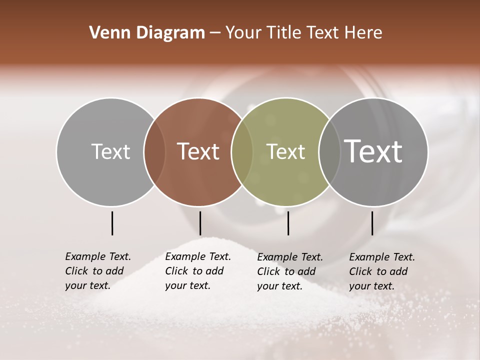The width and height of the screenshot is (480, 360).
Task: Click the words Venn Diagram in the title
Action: pos(147,33)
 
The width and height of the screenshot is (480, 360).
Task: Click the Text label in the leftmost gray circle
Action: pos(110,151)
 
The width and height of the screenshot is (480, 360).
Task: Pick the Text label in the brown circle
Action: pos(198,151)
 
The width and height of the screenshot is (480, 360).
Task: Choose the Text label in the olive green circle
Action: pos(285,151)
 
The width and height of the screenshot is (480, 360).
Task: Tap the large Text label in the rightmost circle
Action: pos(373,151)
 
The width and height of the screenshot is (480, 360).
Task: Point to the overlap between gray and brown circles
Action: pos(154,152)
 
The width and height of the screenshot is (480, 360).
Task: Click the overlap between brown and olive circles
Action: pos(242,152)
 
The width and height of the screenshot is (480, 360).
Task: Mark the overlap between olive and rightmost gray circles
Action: pos(329,152)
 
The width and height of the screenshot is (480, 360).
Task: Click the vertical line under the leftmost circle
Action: pos(112,223)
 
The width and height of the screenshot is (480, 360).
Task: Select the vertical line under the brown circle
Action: pos(200,223)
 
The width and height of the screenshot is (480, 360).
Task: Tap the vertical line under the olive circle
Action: pos(288,223)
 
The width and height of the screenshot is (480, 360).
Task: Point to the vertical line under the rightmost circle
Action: pos(372,223)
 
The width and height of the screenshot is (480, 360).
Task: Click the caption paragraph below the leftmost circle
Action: pos(97,271)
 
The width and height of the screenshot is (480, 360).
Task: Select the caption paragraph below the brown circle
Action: pos(197,271)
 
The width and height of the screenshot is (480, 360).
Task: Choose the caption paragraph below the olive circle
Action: pos(289,271)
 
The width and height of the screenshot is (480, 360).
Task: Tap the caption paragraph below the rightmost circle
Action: pos(381,271)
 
